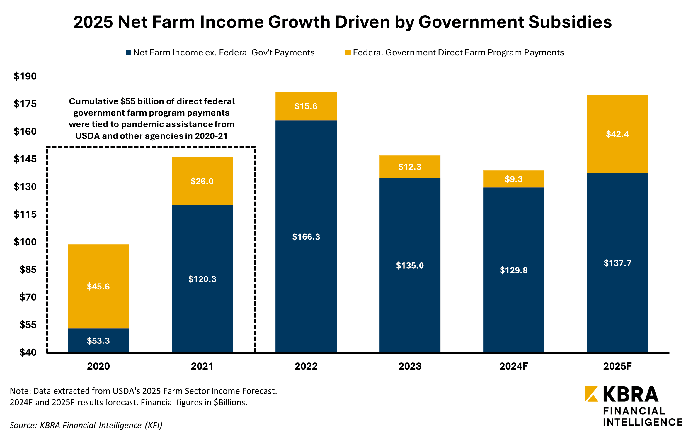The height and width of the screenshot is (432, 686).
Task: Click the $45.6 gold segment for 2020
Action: (98, 286)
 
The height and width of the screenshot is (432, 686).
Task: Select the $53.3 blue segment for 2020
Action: (98, 340)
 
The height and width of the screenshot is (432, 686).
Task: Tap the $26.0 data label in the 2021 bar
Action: (202, 181)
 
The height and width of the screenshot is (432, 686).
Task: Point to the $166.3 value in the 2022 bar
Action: (306, 237)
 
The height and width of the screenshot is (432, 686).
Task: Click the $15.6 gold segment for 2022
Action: (306, 106)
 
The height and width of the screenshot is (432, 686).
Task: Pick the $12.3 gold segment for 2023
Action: (410, 167)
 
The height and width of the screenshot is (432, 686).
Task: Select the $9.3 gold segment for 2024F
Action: (513, 179)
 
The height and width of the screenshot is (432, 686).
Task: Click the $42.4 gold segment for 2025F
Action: (617, 134)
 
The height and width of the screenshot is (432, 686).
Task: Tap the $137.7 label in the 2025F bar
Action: (617, 263)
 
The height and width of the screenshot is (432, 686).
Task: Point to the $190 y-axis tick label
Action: (25, 76)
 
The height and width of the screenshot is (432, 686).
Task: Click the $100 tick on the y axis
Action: (25, 242)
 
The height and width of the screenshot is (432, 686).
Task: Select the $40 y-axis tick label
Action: (28, 352)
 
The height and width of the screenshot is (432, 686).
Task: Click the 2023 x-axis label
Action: (410, 366)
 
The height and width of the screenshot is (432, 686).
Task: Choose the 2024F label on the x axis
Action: (513, 366)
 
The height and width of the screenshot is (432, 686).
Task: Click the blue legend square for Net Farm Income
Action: (128, 53)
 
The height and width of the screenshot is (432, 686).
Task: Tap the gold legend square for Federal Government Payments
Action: (348, 53)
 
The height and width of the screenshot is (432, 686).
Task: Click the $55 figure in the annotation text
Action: (127, 101)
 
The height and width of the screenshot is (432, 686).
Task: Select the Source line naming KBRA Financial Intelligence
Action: (86, 425)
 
